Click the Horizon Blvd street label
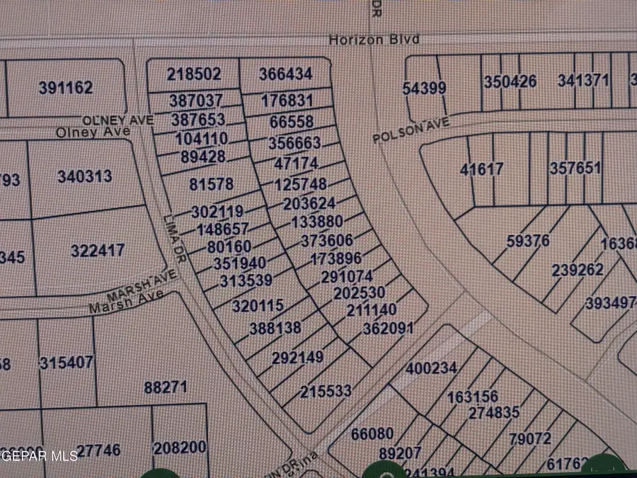click(374, 40)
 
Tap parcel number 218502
click(195, 74)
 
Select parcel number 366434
click(286, 74)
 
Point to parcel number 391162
click(66, 88)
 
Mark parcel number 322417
click(98, 251)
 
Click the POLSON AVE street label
click(412, 131)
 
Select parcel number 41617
click(481, 169)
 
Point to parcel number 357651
click(575, 169)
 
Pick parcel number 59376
click(528, 241)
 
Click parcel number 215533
click(326, 391)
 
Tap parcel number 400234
click(432, 368)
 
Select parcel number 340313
click(85, 176)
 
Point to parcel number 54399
click(424, 88)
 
